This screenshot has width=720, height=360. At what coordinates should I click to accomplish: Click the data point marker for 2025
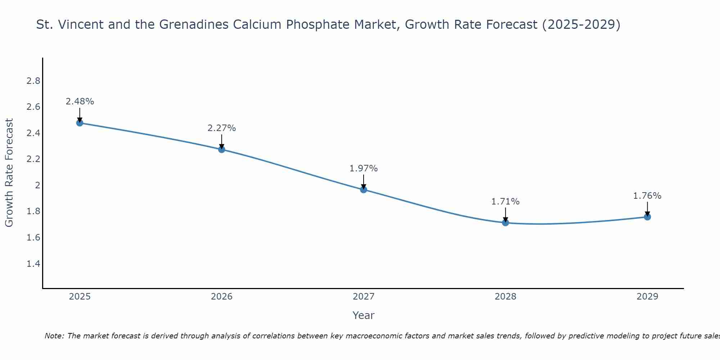[80, 123]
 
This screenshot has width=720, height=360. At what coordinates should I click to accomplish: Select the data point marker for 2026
[222, 149]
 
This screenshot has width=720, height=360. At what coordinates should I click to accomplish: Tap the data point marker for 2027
[364, 189]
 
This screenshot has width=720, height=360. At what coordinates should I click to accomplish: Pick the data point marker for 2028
[505, 222]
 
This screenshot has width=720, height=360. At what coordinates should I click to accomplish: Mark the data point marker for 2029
[647, 217]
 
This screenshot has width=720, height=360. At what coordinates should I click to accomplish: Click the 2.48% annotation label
[80, 102]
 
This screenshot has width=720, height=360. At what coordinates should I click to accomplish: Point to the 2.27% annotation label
[222, 128]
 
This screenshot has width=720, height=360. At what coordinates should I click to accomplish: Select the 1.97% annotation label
[364, 168]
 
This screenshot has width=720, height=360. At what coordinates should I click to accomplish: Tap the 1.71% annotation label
[505, 202]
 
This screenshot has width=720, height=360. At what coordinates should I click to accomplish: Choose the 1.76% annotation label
[647, 196]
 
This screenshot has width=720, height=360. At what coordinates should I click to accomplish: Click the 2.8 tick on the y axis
[33, 81]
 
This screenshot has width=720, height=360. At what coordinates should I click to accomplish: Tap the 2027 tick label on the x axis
[364, 297]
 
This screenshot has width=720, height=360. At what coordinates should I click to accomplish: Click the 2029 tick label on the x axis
[647, 297]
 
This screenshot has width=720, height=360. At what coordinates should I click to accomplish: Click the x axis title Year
[364, 315]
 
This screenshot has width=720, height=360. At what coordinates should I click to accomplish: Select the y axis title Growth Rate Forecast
[9, 173]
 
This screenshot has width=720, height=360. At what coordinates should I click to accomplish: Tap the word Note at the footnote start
[54, 336]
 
